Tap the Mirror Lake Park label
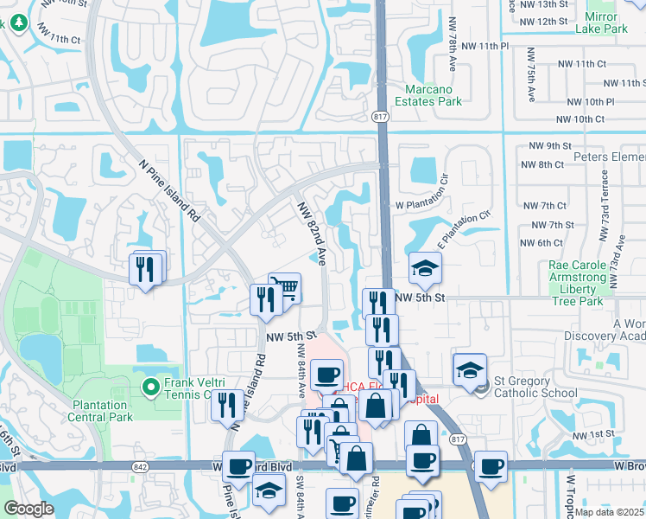point(614,22)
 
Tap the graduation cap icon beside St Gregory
point(468,370)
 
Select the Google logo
point(28,509)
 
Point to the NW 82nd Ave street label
point(312,234)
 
